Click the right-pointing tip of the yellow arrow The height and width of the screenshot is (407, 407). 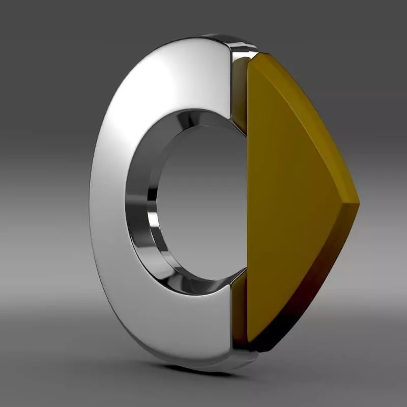tap(358, 203)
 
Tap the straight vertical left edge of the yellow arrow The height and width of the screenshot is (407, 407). tap(248, 203)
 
